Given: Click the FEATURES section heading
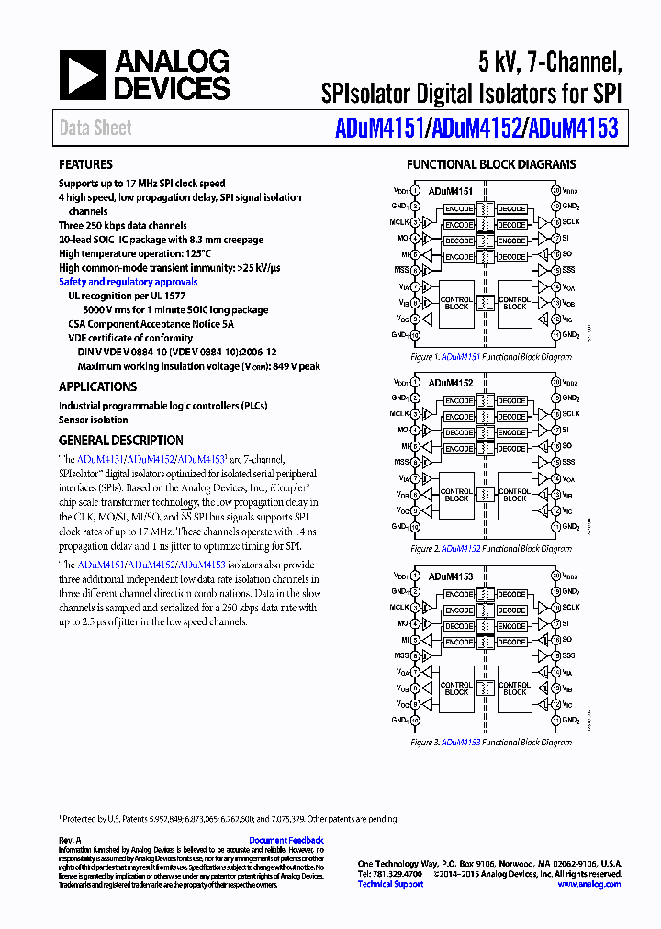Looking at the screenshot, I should coord(85,164).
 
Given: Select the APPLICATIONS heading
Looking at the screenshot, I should coord(97,386).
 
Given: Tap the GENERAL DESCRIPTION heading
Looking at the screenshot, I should coord(120,440).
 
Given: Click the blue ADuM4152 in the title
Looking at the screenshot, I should coord(474,128).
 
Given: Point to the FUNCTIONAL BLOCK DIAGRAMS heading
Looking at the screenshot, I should coord(491,164).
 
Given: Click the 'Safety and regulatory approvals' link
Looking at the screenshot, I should coord(128,282).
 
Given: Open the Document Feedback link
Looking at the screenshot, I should coord(286,840).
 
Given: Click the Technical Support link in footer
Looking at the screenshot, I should coord(390,884).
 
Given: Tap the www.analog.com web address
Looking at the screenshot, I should coord(588,884).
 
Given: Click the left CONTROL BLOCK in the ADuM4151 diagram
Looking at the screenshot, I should coord(456,304).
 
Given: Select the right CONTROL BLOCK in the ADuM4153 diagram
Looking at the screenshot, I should coord(514,688).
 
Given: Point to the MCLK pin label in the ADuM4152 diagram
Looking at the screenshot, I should coord(401,414).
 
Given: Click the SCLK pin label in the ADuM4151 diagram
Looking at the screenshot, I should coord(571,222).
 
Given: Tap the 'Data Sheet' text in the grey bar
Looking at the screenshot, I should coord(95,129).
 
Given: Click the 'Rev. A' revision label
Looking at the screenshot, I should coord(71,840).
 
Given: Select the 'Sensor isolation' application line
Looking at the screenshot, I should coord(94,420).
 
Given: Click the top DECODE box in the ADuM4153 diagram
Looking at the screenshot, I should coord(511,594).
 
